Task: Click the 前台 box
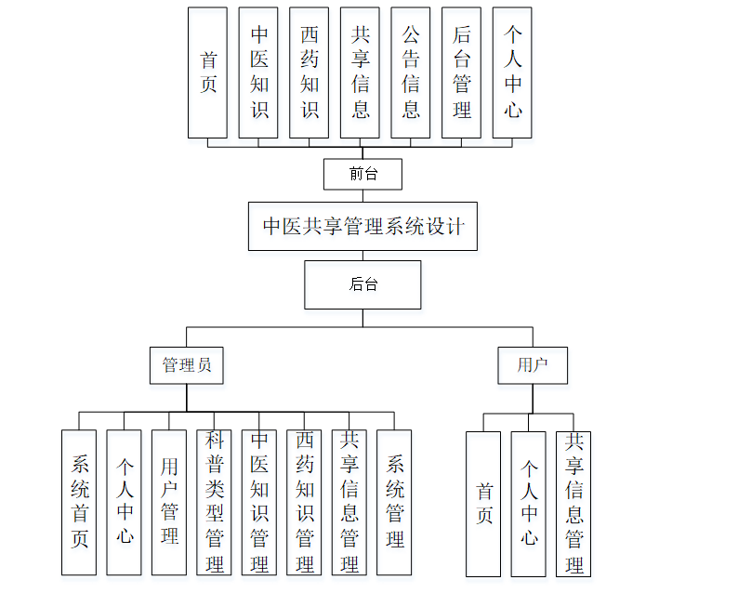pos(362,174)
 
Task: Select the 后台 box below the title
pos(362,284)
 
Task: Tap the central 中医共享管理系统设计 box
pos(362,226)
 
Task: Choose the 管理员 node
pos(187,365)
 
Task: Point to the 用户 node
pos(533,365)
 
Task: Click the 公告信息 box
pos(411,72)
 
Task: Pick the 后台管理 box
pos(462,72)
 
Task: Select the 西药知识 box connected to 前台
pos(310,72)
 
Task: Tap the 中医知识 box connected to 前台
pos(259,72)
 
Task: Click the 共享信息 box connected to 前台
pos(361,72)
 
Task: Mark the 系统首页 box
pos(79,502)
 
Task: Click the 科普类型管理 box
pos(215,502)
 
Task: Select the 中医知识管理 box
pos(259,502)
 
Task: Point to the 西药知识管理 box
pos(305,502)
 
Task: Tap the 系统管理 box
pos(395,502)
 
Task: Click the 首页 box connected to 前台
pos(208,72)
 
